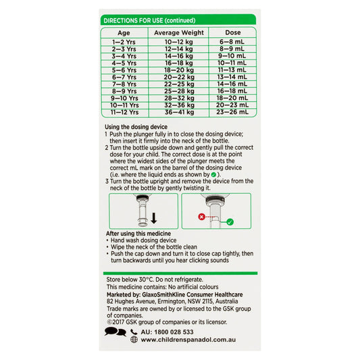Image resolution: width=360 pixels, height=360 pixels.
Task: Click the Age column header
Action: [124, 32]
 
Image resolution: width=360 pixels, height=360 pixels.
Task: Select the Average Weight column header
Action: [179, 32]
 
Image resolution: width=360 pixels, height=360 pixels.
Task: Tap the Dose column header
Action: [233, 32]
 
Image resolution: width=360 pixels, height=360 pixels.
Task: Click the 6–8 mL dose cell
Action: [233, 42]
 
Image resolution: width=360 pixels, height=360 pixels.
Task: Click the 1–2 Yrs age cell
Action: [124, 42]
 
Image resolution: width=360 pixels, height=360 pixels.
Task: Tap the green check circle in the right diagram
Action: [230, 221]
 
